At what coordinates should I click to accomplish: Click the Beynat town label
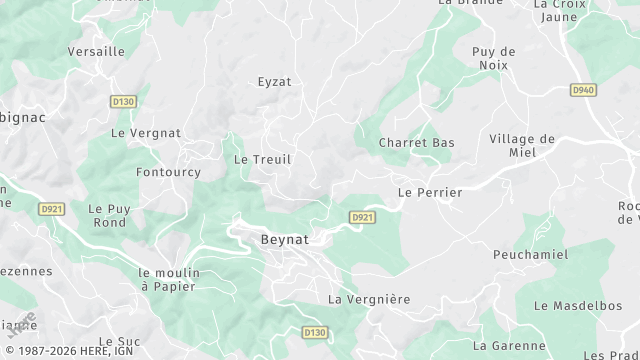tap(284, 240)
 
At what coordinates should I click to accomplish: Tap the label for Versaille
tap(96, 51)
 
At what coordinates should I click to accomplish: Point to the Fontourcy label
tap(167, 172)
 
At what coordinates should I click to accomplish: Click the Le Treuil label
tap(262, 159)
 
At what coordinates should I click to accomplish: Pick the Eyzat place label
tap(274, 82)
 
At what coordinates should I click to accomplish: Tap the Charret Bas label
tap(416, 143)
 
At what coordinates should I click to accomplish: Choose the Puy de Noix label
tap(493, 58)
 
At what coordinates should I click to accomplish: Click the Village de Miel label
tap(522, 146)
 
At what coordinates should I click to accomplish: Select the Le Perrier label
tap(430, 192)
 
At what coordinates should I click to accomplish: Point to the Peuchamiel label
tap(530, 255)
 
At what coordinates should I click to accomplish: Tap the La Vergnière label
tap(369, 299)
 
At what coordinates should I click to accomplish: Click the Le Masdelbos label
tap(577, 305)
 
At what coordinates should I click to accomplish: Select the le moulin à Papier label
tap(169, 279)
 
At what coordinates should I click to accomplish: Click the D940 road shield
tap(584, 90)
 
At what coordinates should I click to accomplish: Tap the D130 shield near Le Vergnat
tap(124, 101)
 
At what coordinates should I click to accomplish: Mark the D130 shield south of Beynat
tap(314, 332)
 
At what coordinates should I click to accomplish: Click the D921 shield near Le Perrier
tap(362, 217)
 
